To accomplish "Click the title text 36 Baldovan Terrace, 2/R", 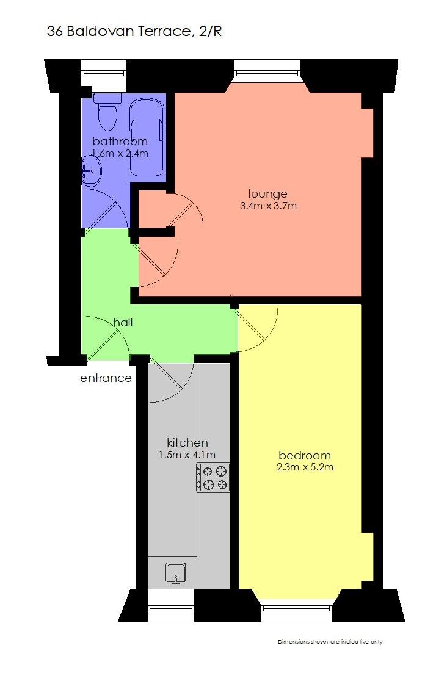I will click(x=134, y=32).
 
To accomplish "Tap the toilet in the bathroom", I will click(x=108, y=113).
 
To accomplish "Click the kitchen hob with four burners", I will click(x=213, y=477).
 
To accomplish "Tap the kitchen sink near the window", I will click(x=176, y=572).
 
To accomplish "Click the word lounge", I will click(x=268, y=194).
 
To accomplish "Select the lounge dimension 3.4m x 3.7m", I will click(x=268, y=206).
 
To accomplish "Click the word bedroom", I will click(x=304, y=455).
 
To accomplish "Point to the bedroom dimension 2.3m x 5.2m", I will click(x=304, y=467).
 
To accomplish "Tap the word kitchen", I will click(x=187, y=442).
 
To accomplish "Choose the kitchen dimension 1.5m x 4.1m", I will click(x=187, y=455).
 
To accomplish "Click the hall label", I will click(x=123, y=322).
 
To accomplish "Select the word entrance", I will click(x=106, y=378).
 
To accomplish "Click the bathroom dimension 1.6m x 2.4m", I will click(x=120, y=153).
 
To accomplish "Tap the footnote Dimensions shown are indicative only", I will click(x=330, y=642).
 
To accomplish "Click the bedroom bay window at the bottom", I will click(x=297, y=606).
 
